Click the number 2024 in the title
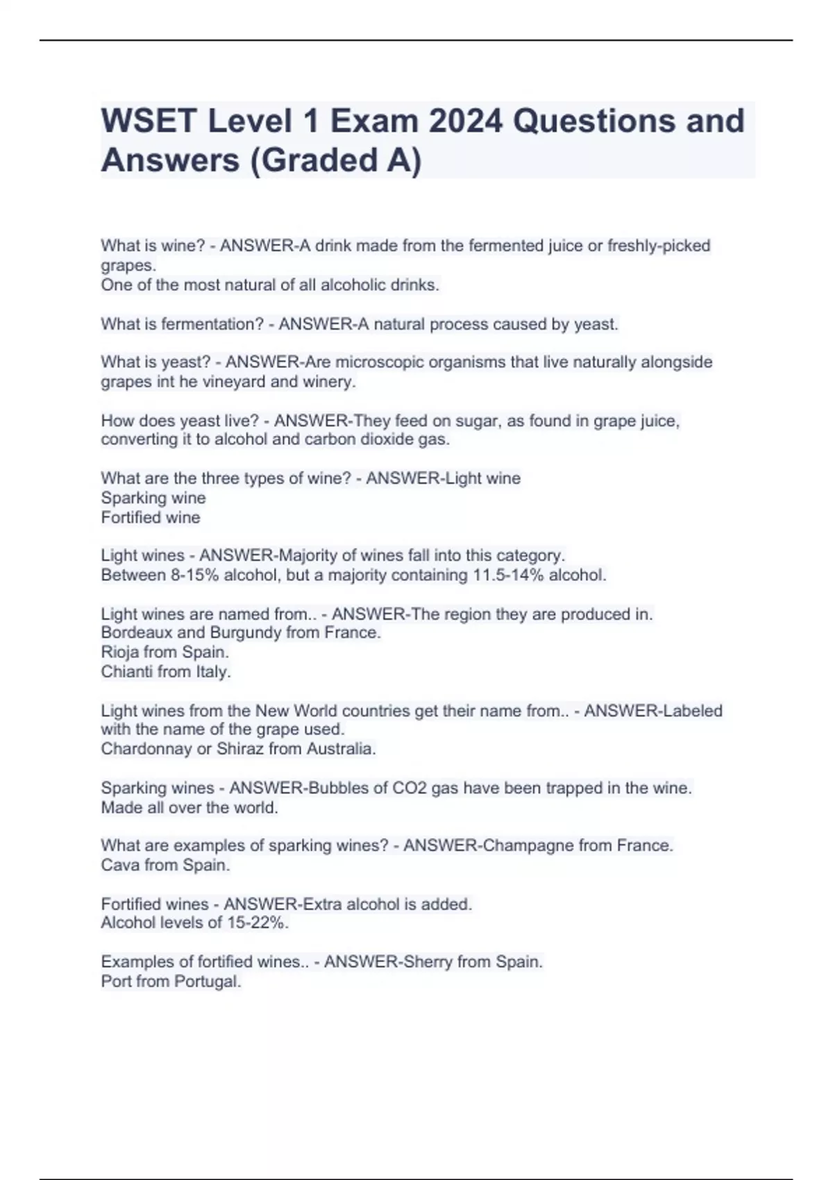[464, 121]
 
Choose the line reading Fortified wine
[151, 517]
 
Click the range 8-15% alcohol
[221, 575]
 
